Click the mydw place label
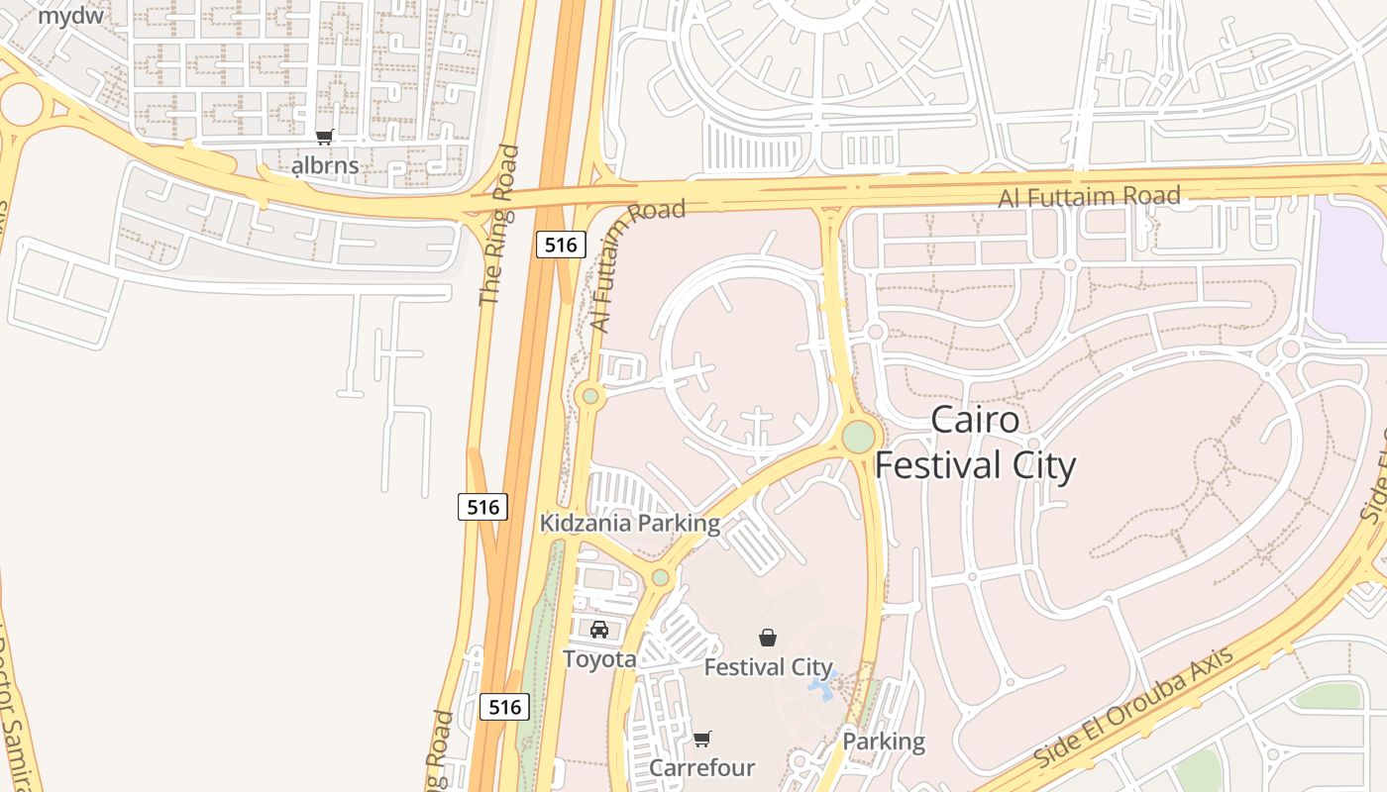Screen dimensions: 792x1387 [70, 15]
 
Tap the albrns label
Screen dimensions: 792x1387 [325, 165]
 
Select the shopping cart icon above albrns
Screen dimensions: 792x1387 [324, 138]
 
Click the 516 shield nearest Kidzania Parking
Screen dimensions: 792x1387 [483, 507]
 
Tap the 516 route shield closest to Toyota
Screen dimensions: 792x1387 [504, 707]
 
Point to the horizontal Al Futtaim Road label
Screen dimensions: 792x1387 [1089, 196]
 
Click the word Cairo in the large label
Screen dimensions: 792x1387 [975, 420]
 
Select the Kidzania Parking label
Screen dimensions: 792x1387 [629, 523]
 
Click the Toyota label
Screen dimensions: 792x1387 [599, 658]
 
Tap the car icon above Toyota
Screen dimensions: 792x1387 [599, 630]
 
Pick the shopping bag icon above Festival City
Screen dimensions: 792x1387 [768, 638]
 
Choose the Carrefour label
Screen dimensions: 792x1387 [701, 767]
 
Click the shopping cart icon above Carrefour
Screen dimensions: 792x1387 [702, 739]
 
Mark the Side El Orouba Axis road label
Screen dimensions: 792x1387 [1134, 706]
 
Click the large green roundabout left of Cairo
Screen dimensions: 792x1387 [858, 437]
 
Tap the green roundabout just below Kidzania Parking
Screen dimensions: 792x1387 [661, 577]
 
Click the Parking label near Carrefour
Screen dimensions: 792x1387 [883, 742]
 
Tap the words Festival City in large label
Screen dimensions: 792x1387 [975, 465]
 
